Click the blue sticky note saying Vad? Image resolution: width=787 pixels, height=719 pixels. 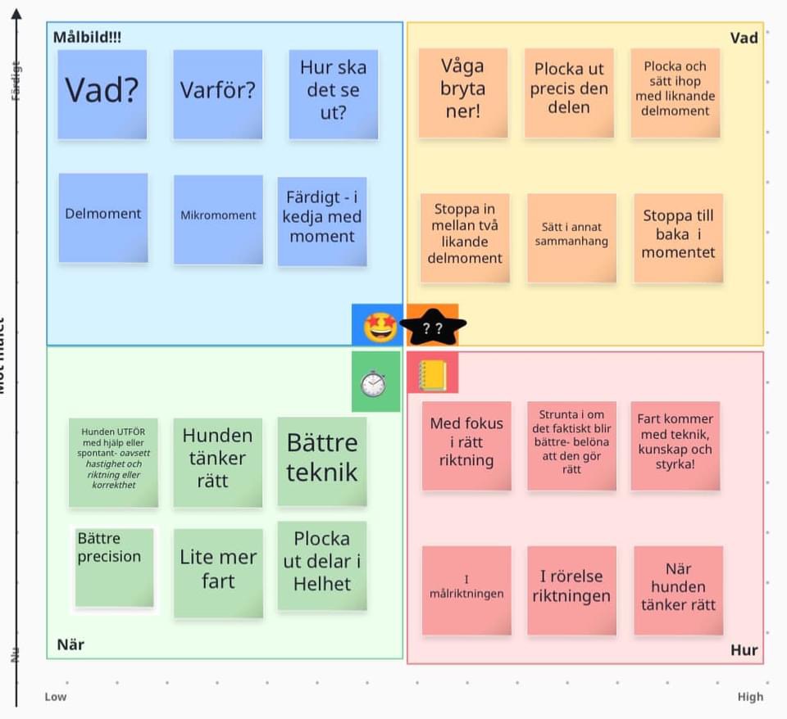102,93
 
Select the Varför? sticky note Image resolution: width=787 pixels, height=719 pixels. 218,93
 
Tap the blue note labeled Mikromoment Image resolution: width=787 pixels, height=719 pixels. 218,219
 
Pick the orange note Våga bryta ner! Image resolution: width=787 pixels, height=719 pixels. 463,93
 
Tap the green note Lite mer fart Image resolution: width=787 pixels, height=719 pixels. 218,572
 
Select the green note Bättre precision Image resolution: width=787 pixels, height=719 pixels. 114,568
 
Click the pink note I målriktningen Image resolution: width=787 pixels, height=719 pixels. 466,590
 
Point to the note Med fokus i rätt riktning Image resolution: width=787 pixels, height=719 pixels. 466,445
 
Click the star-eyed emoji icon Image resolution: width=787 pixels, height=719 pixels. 380,327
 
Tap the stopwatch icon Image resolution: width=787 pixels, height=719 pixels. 374,382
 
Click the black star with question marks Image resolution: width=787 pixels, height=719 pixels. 433,328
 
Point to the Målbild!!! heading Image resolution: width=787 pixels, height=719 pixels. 87,38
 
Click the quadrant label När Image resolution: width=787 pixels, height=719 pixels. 71,644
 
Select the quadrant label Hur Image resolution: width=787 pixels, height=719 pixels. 744,650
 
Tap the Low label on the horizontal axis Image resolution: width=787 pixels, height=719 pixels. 56,697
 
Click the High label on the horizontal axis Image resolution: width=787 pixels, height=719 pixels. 750,697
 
